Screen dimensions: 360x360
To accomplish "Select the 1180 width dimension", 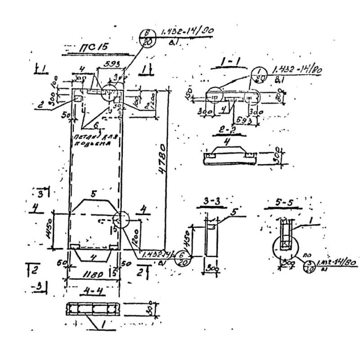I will point(94,274).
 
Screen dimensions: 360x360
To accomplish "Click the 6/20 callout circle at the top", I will point(147,37).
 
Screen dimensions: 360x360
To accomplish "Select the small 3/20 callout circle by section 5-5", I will point(309,266).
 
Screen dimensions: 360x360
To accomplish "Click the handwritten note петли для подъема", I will point(96,140).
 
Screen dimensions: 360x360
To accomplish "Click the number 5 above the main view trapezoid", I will point(94,195).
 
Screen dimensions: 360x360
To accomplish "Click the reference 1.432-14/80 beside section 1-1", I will point(297,71).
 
